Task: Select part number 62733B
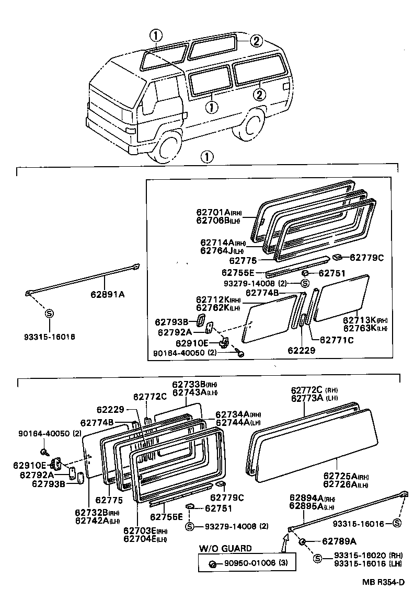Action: click(190, 385)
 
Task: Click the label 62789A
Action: click(339, 541)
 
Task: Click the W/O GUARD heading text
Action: click(225, 548)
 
